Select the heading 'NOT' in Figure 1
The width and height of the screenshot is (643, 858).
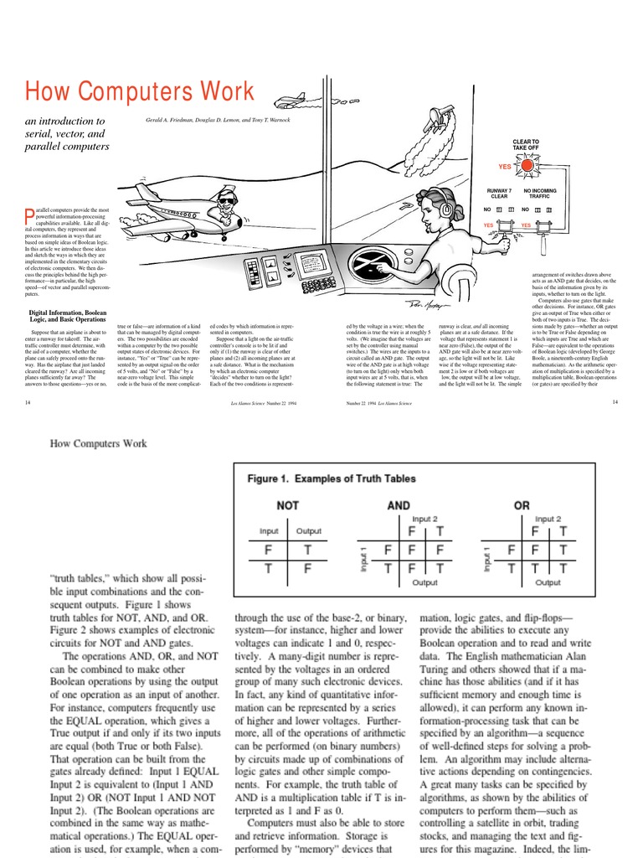coord(289,505)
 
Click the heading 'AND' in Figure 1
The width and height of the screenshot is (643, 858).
coord(399,505)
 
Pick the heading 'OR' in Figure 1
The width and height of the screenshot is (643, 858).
coord(521,505)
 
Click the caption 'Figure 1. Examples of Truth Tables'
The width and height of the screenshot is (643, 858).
coord(331,478)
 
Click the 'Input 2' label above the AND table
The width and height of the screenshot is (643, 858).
coord(424,519)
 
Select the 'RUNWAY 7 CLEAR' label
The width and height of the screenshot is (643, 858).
coord(499,194)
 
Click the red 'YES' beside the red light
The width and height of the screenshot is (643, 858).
coord(505,167)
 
